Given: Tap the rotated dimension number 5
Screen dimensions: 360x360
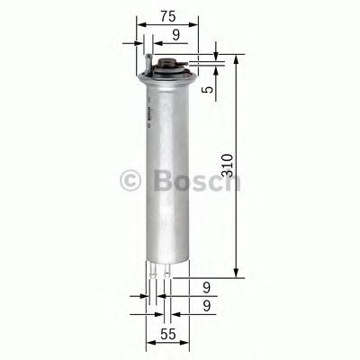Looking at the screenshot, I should [x=207, y=89].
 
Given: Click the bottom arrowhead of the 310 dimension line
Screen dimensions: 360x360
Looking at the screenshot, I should [x=236, y=274].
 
